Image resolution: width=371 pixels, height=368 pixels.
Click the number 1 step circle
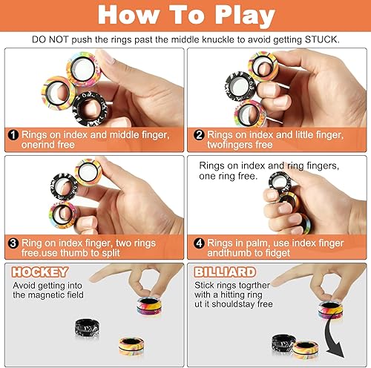14,135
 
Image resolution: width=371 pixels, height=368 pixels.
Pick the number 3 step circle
14,241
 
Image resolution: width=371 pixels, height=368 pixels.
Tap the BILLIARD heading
222,272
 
